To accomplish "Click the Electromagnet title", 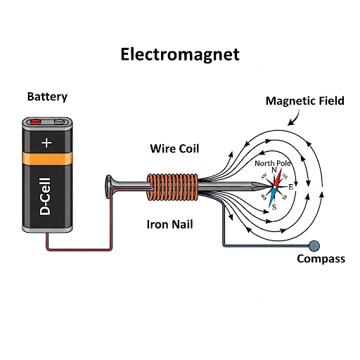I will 180,54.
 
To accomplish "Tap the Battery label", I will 47,96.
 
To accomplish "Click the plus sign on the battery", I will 47,143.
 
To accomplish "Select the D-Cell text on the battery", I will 47,200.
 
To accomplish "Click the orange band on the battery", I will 47,160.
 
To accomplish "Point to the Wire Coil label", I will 174,148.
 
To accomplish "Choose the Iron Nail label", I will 172,225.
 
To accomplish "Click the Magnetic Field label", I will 304,101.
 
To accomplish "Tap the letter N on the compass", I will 274,171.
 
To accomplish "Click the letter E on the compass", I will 290,186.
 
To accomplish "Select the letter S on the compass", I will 274,206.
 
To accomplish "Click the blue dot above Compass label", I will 314,245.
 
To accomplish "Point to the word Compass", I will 321,259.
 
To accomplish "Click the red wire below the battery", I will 77,248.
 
